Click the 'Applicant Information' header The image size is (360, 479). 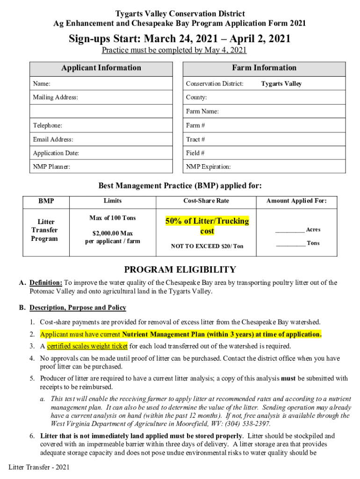coord(101,68)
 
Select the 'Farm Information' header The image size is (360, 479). coord(264,68)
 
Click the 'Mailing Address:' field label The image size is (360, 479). coord(55,97)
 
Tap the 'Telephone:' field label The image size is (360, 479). coord(47,125)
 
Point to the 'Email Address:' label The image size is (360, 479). coord(53,139)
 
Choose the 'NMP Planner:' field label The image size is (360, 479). coord(51,167)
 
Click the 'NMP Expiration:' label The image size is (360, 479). coord(208,167)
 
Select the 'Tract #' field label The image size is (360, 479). coord(195,139)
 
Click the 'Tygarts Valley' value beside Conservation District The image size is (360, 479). coord(281,84)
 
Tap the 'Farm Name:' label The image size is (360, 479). coord(202,111)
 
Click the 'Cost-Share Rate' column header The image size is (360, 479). coord(206,201)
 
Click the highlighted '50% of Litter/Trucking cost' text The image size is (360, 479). coord(207,226)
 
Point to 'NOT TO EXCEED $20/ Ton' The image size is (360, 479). coord(207,246)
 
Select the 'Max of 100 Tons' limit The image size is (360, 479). coord(113,218)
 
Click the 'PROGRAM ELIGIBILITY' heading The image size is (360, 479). coord(180,269)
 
